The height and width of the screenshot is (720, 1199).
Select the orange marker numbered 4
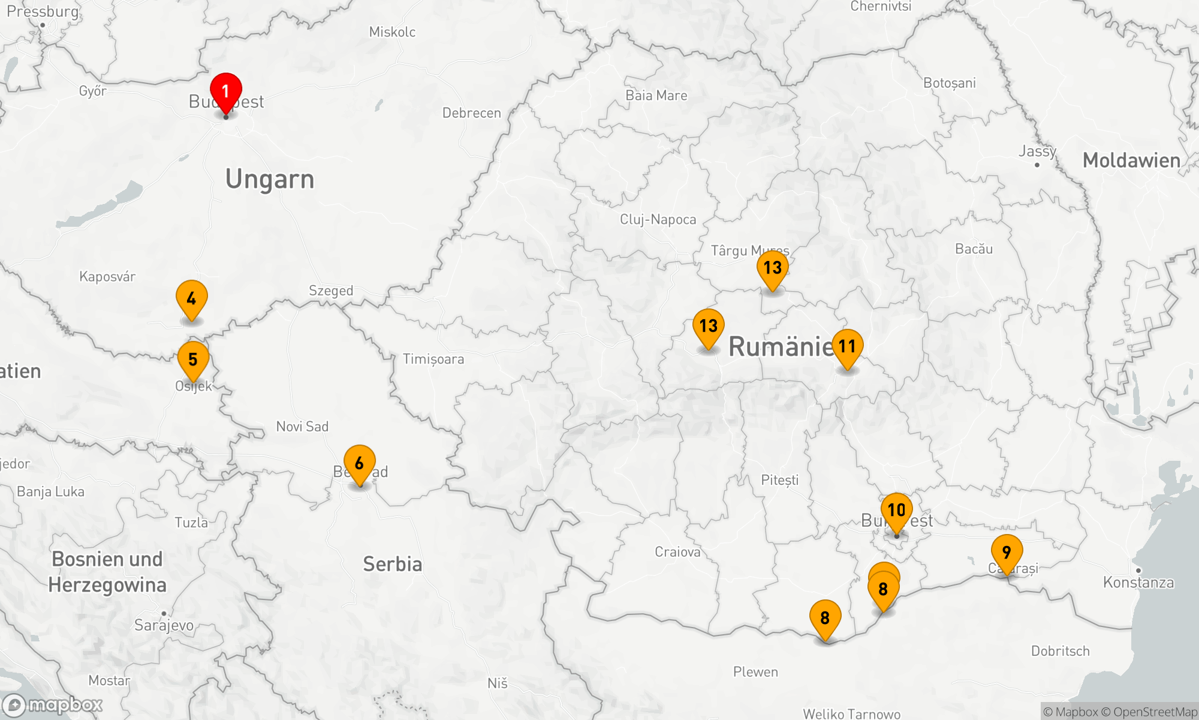click(191, 299)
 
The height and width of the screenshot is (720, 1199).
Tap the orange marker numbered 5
click(193, 360)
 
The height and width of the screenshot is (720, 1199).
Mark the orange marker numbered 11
click(847, 347)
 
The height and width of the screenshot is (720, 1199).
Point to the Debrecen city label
click(471, 113)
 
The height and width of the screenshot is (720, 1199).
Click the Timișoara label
click(433, 359)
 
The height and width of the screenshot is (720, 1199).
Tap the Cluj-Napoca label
click(658, 220)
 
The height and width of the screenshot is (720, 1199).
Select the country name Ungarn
click(270, 179)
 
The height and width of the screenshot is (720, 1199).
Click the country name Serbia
click(393, 564)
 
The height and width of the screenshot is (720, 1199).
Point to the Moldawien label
click(1131, 160)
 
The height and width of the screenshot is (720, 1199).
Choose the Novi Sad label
click(302, 427)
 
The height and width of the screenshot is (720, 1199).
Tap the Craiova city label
click(677, 552)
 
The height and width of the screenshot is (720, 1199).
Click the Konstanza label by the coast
click(1138, 582)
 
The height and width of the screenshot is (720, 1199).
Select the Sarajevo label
click(164, 625)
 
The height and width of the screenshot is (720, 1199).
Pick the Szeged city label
click(331, 291)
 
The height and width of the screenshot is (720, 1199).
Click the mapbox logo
click(53, 704)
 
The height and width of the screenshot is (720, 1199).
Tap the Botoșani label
click(950, 83)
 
